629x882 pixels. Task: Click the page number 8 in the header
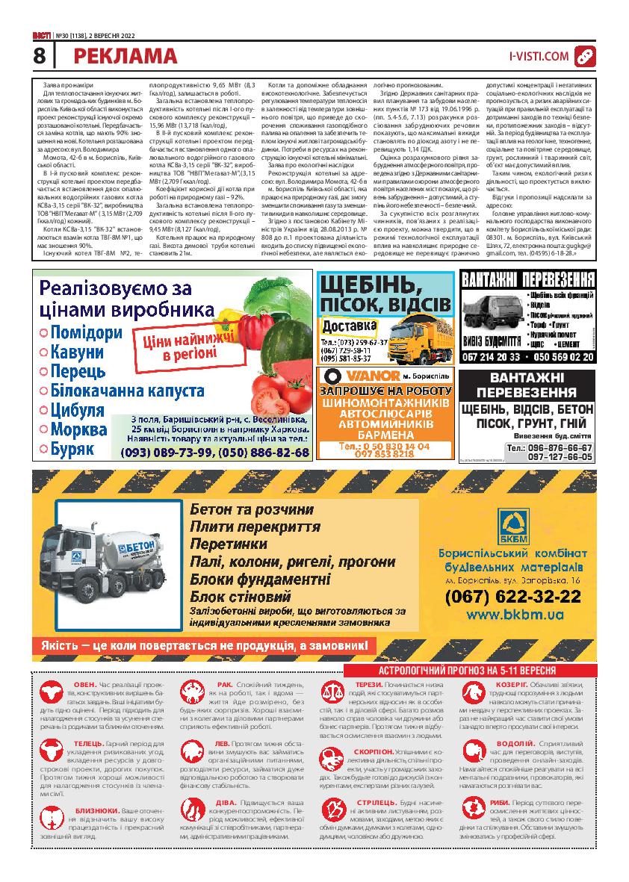pos(40,55)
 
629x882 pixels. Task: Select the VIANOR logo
pos(353,375)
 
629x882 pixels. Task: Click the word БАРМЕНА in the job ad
pos(385,434)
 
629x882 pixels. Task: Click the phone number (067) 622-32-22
pos(512,596)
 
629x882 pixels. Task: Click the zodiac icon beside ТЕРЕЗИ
pos(329,691)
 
